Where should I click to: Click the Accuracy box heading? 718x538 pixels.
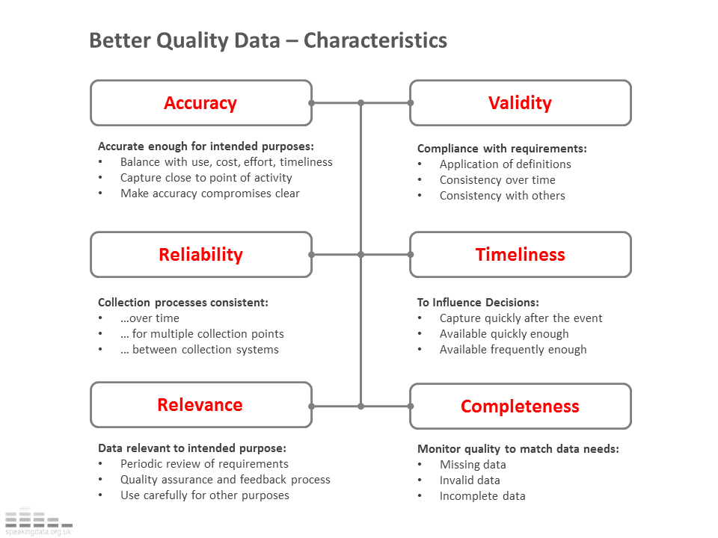[x=200, y=103]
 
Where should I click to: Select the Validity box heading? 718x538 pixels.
[x=520, y=103]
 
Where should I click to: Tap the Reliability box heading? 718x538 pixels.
[x=200, y=255]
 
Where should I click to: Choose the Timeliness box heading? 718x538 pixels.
[x=520, y=255]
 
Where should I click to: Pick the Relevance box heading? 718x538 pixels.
[x=200, y=405]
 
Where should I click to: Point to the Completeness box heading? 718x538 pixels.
[x=520, y=406]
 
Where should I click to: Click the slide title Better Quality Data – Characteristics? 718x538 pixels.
[x=268, y=40]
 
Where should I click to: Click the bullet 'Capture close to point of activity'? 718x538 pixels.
[x=206, y=178]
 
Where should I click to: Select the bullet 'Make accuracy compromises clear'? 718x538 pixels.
[x=209, y=194]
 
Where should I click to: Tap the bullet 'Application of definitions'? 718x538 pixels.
[x=505, y=164]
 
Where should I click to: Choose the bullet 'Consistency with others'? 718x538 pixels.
[x=502, y=196]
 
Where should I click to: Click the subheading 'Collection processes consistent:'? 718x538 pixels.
[x=182, y=303]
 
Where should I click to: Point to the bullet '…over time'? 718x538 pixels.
[x=150, y=318]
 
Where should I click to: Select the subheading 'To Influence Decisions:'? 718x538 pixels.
[x=477, y=303]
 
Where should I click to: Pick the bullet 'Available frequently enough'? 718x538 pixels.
[x=512, y=350]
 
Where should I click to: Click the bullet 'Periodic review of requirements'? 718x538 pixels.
[x=204, y=464]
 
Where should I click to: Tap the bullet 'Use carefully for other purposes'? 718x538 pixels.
[x=204, y=495]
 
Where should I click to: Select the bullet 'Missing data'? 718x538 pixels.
[x=473, y=465]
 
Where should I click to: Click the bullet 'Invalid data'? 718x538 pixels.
[x=470, y=480]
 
